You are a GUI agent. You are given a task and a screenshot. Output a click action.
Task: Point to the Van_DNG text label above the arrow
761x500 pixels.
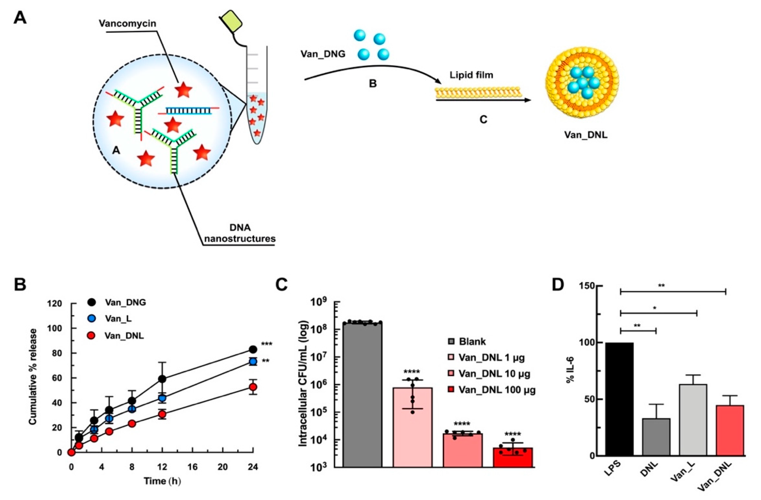(323, 54)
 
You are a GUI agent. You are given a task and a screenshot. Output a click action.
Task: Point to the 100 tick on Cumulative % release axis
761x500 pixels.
(55, 328)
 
